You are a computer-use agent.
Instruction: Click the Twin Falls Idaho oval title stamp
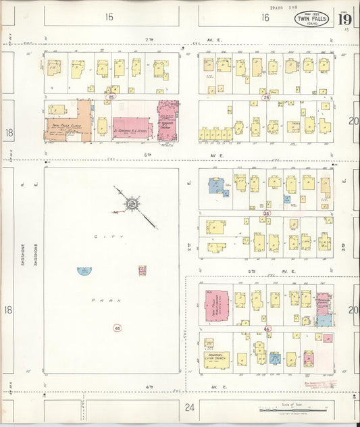[x=311, y=19]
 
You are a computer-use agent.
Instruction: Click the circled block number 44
[x=118, y=328]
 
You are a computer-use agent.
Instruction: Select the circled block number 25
[x=111, y=98]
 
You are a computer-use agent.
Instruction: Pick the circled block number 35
[x=267, y=214]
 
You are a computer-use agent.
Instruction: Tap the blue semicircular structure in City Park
[x=84, y=271]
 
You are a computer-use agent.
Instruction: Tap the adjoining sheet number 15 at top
[x=109, y=18]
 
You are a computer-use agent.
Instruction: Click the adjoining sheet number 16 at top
[x=265, y=18]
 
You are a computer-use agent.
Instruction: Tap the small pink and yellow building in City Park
[x=143, y=270]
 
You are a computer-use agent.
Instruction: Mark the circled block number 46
[x=267, y=330]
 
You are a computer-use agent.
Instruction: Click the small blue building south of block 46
[x=275, y=358]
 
